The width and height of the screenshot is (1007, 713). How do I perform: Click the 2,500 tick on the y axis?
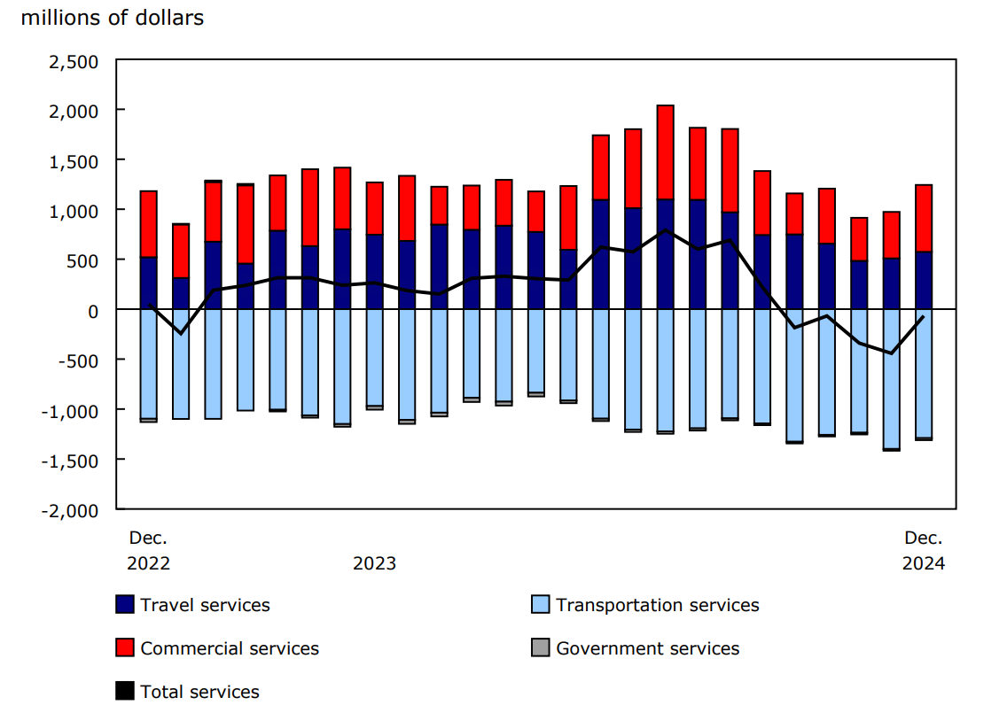tap(77, 60)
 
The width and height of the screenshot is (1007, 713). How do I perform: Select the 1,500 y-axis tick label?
tap(77, 160)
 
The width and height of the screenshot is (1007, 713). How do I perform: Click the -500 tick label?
tap(82, 360)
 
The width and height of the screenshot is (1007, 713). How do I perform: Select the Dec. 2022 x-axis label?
tap(148, 550)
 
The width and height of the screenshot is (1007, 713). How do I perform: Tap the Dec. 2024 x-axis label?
tap(923, 550)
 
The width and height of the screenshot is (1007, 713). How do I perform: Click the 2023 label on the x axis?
tap(374, 563)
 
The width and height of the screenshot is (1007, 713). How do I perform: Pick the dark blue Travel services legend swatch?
tap(125, 605)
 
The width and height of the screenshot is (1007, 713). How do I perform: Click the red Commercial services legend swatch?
tap(125, 648)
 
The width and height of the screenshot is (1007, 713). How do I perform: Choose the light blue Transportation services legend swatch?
tap(540, 605)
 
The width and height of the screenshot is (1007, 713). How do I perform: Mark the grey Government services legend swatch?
tap(540, 648)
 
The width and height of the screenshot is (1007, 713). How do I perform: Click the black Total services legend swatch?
tap(125, 692)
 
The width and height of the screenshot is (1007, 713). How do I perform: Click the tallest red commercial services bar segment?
tap(665, 152)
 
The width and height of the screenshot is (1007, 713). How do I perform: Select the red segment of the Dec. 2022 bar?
tap(149, 224)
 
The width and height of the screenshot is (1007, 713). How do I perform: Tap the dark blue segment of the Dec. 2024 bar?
tap(923, 281)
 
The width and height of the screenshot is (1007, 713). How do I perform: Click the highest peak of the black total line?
tap(665, 230)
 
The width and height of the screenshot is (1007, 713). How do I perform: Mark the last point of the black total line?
tap(923, 317)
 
